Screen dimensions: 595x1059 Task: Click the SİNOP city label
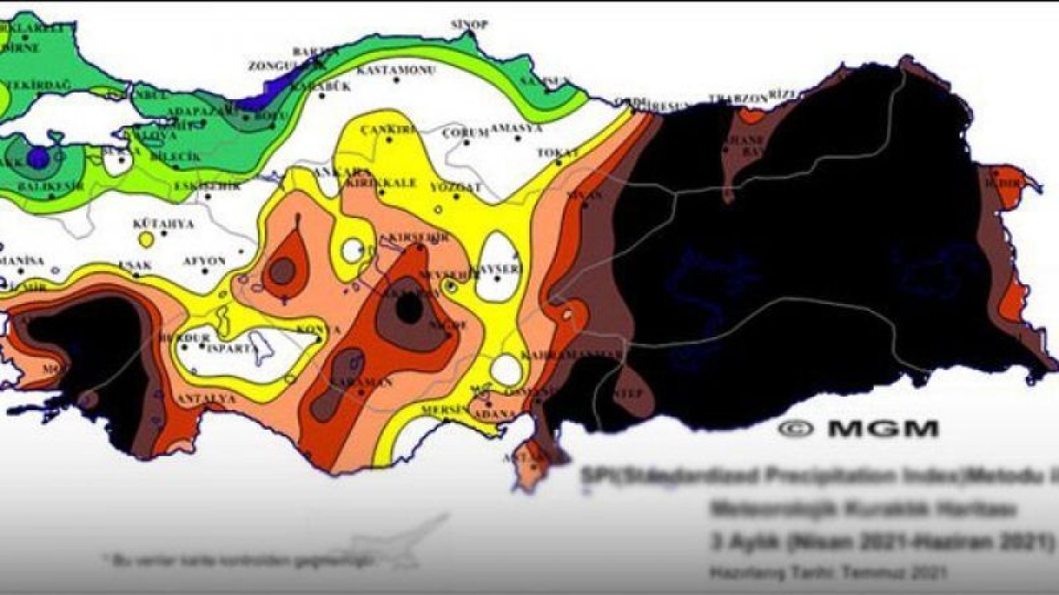pos(468,25)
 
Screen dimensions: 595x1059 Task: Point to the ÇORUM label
pos(464,133)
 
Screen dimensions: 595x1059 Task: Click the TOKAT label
pos(557,153)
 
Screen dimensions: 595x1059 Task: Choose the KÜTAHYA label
pos(163,224)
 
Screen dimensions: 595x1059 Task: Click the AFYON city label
pos(204,261)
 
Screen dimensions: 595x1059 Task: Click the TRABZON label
pos(738,99)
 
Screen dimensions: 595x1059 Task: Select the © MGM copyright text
pos(858,429)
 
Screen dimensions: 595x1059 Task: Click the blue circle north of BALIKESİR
pos(38,157)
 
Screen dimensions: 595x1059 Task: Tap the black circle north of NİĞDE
pos(408,310)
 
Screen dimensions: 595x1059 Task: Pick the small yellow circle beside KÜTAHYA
pos(146,240)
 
